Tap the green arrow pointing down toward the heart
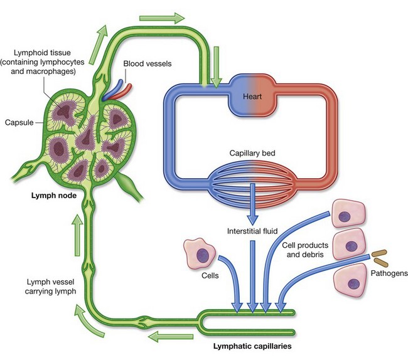coord(217,73)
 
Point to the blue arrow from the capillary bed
coord(252,204)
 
